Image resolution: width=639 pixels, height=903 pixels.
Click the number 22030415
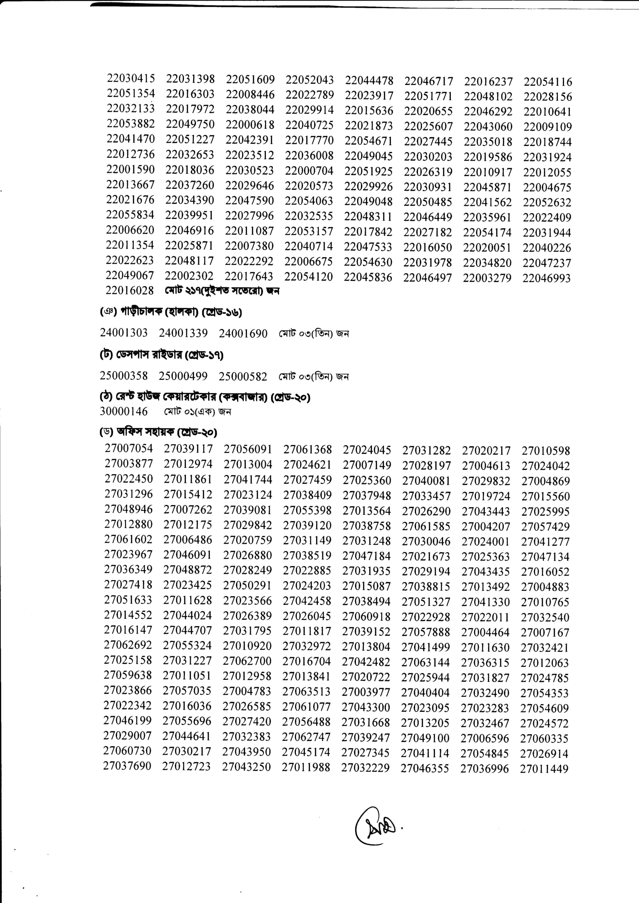point(131,78)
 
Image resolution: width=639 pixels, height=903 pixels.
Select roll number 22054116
point(548,82)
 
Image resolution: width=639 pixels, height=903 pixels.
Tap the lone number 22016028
point(129,290)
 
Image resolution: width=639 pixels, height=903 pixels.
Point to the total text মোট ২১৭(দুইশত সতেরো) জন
point(222,291)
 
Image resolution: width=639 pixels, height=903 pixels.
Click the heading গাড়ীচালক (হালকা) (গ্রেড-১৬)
point(171,312)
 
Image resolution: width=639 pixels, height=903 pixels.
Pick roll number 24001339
point(184,333)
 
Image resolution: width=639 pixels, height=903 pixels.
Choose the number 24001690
point(243,334)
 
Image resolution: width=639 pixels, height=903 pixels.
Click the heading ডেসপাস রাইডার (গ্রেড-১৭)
point(162,355)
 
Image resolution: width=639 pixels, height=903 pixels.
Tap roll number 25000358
point(124,376)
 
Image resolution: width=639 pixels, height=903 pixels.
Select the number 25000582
point(243,376)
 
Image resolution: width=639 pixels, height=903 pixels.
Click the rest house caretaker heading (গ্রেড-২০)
point(205,397)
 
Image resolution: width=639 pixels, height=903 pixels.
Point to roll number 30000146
point(124,412)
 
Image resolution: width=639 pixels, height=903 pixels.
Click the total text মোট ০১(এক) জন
point(197,412)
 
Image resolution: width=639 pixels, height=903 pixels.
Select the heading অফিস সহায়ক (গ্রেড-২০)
point(158,432)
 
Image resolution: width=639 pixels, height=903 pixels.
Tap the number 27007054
point(129,448)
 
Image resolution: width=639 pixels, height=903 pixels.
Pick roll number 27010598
point(546,451)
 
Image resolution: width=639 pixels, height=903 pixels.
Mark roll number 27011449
point(544,769)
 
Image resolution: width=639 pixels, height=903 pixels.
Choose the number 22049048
point(368,202)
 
